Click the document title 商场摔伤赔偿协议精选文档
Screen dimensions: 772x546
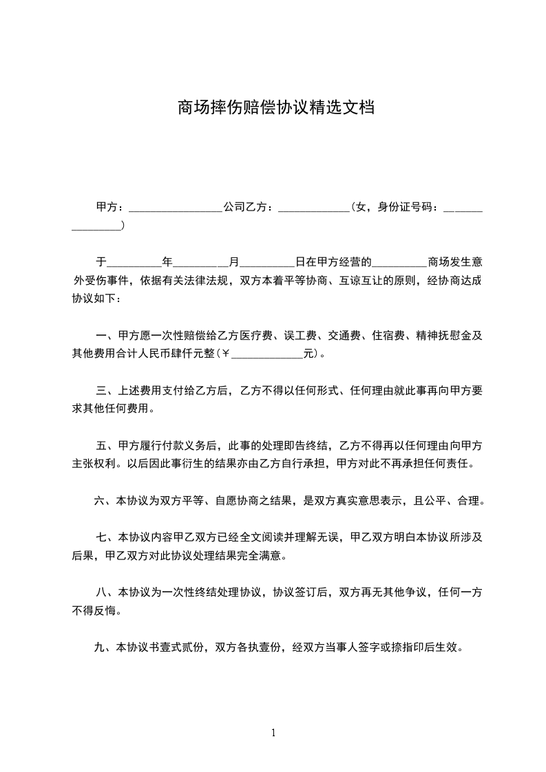point(275,108)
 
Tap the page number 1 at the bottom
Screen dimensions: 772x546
point(273,733)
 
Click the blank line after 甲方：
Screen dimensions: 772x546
point(175,207)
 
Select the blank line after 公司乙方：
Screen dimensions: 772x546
point(314,207)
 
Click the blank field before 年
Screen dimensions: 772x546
point(134,263)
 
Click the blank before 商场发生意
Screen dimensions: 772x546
point(399,263)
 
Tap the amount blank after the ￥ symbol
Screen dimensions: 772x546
point(269,355)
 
